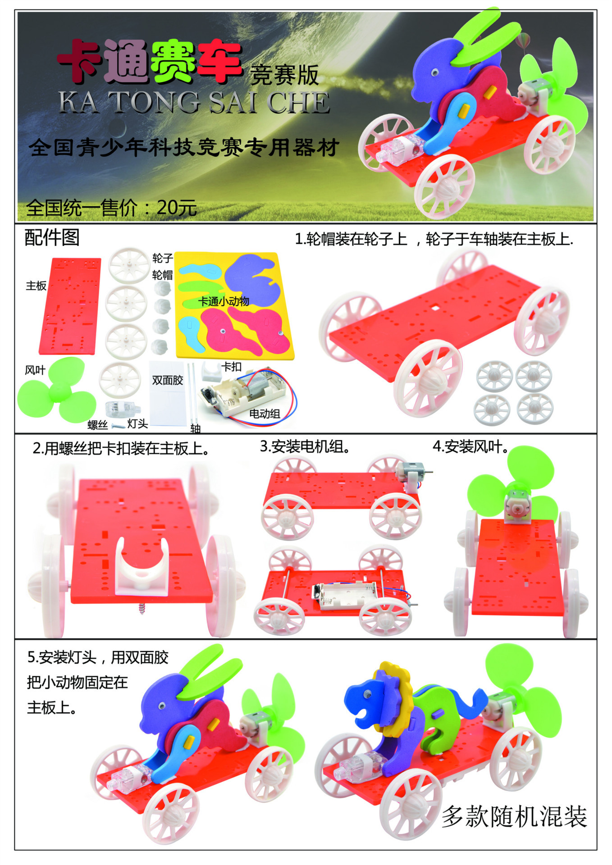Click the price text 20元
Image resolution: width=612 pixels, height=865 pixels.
[177, 208]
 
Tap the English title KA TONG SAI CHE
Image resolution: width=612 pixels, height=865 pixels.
[194, 102]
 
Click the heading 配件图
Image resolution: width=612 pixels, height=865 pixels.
[52, 237]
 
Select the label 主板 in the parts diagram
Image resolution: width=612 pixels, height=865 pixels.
[36, 286]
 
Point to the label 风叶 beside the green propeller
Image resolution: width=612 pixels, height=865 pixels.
[35, 370]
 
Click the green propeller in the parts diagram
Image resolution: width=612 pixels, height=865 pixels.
[57, 390]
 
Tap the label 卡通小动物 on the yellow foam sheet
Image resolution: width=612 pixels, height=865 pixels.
[224, 301]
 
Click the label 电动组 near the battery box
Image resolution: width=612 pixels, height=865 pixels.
[265, 414]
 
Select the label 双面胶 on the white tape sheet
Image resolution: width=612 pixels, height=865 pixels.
[168, 380]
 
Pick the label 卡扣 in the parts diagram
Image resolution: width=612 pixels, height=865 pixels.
[232, 367]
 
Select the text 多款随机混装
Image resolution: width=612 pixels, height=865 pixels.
[514, 816]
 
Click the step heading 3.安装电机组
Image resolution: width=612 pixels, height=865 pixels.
[305, 446]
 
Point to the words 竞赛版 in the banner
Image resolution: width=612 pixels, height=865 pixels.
[284, 75]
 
